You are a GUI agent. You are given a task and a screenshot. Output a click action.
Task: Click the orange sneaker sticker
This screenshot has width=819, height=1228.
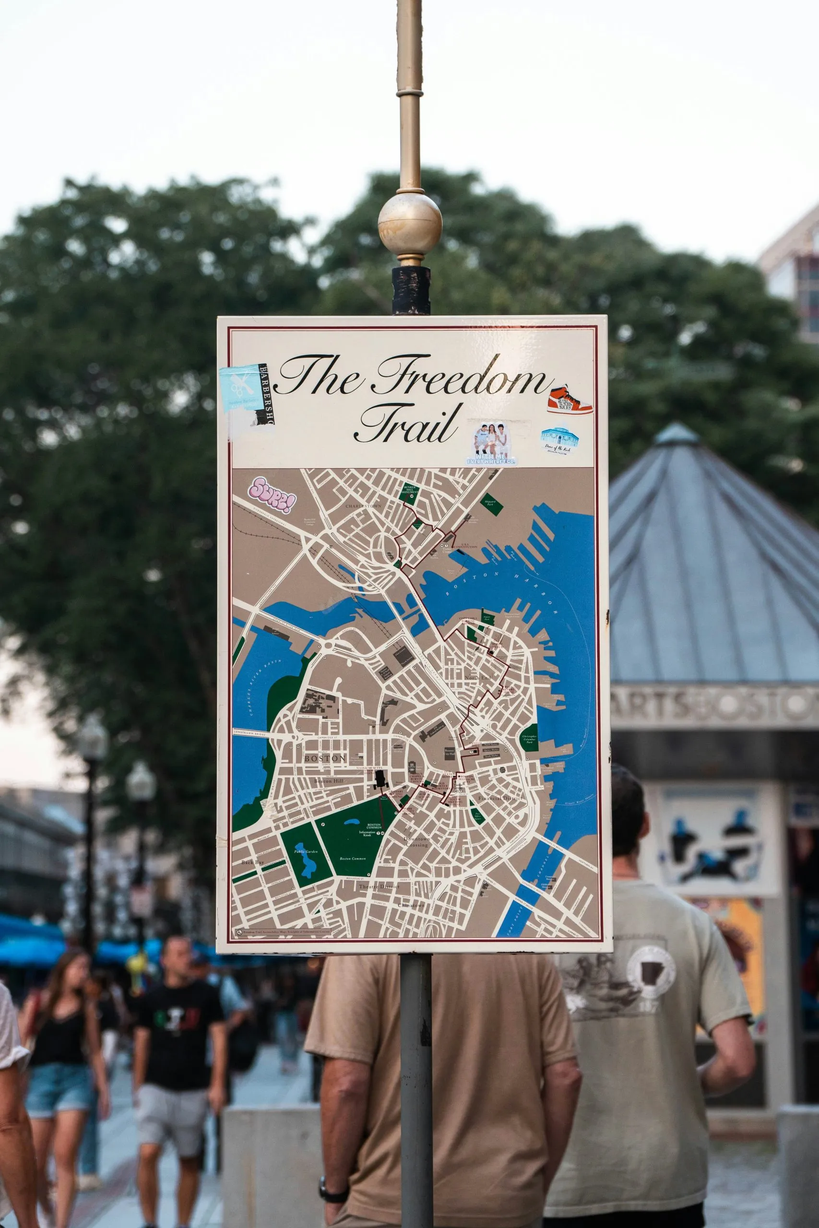pyautogui.click(x=570, y=401)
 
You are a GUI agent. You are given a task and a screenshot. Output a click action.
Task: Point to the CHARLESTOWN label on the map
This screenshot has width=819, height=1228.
pyautogui.click(x=364, y=506)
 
